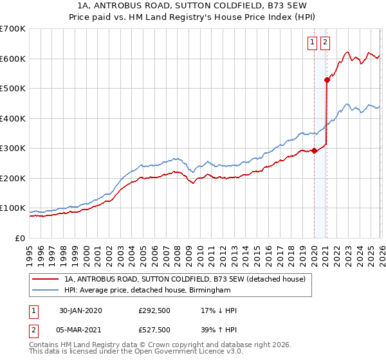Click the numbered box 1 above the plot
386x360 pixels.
312,43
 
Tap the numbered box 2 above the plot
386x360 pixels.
325,43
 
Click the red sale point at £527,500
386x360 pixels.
327,80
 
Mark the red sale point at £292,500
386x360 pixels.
315,150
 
